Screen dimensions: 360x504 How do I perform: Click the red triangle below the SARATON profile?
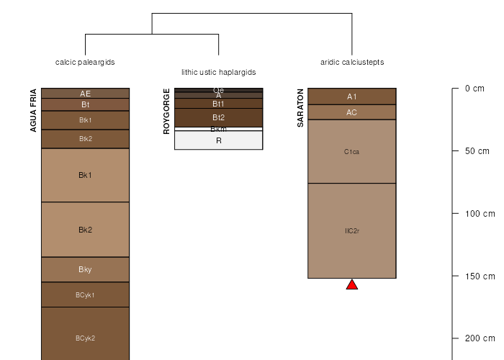click(x=352, y=285)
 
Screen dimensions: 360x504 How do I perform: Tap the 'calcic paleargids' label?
click(x=85, y=62)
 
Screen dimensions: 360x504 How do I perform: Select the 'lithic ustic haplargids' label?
click(x=219, y=73)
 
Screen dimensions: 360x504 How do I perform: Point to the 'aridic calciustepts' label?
click(x=352, y=62)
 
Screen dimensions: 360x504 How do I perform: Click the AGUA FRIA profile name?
click(x=33, y=110)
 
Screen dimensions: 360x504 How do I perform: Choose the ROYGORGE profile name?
click(x=167, y=112)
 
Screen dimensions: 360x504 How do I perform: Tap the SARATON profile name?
click(x=300, y=108)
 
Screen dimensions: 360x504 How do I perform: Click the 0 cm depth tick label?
click(x=474, y=89)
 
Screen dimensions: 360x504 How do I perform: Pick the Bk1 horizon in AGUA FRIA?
click(x=85, y=175)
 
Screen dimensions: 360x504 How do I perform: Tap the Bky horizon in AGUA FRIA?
click(x=85, y=269)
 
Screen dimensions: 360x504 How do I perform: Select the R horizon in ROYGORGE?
click(x=219, y=140)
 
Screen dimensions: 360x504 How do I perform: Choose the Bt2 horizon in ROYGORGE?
click(x=219, y=117)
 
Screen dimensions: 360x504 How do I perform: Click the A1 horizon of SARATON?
click(x=352, y=96)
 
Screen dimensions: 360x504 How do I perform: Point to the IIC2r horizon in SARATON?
click(x=352, y=231)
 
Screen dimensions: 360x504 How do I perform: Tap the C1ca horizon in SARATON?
click(x=352, y=152)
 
